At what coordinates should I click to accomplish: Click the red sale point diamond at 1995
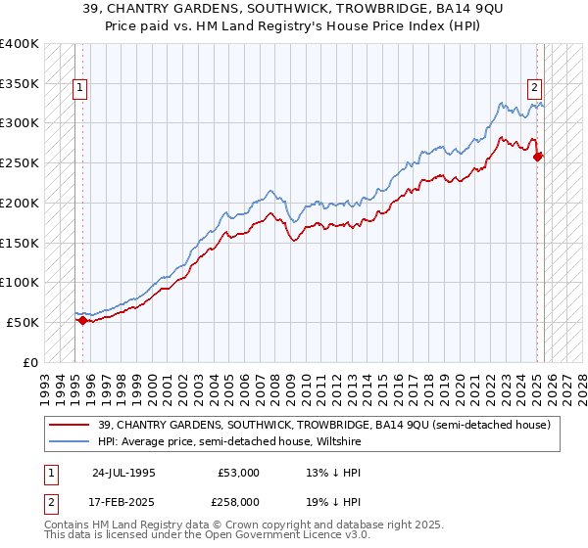point(82,320)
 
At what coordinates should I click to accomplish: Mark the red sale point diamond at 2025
point(537,157)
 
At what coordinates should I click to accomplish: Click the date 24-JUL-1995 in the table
point(123,473)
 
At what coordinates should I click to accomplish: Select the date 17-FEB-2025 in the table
point(123,502)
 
